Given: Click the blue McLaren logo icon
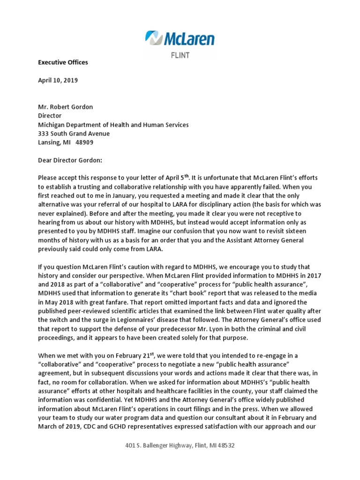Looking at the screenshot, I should tap(153, 38).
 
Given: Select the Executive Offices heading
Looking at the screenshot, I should tap(63, 62).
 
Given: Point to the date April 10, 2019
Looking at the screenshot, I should tap(58, 80).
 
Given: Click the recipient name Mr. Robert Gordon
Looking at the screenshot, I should tap(65, 107).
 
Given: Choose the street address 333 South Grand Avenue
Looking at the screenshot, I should tap(74, 134).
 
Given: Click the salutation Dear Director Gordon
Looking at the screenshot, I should tap(69, 160).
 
